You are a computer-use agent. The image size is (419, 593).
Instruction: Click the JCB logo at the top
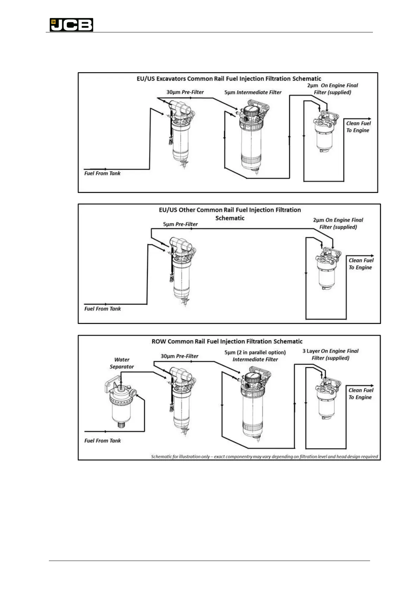(x=71, y=25)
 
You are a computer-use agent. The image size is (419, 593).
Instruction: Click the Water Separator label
(x=122, y=363)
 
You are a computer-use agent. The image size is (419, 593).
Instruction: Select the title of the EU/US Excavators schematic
(x=229, y=79)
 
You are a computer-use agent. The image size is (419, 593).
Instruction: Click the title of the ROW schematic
(x=227, y=341)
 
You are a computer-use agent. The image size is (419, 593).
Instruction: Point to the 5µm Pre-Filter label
(x=180, y=224)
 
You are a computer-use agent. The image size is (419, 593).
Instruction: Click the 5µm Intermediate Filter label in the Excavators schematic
(x=253, y=92)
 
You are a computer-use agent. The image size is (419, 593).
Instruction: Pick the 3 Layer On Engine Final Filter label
(x=330, y=354)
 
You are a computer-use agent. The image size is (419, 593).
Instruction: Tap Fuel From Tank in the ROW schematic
(x=102, y=441)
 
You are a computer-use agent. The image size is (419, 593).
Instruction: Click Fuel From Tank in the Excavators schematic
(x=102, y=173)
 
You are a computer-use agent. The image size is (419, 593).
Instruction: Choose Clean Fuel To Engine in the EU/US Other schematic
(x=361, y=264)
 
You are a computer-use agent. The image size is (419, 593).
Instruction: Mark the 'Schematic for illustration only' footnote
(x=264, y=456)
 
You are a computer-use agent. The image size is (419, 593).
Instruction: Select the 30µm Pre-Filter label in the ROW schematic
(x=179, y=356)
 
